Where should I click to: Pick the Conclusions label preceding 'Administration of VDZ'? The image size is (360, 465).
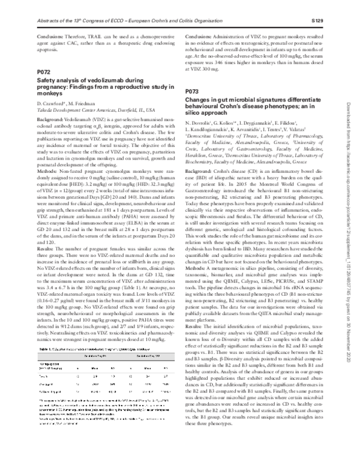tap(196, 37)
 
